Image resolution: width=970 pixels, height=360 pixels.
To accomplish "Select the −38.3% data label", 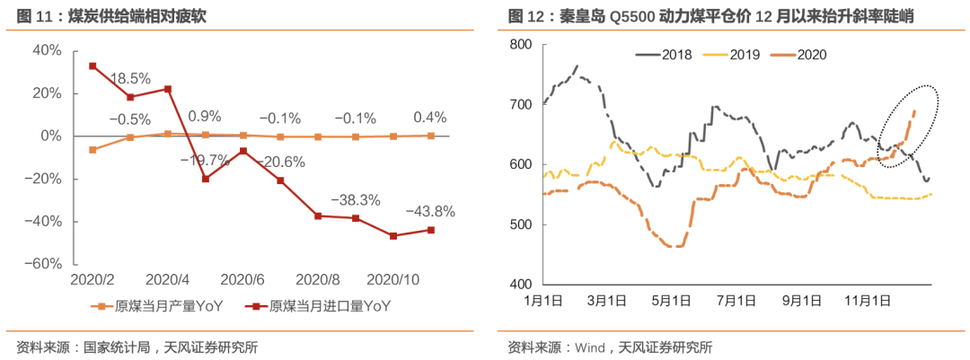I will pyautogui.click(x=356, y=199).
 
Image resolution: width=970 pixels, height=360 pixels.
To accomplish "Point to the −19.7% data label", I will pyautogui.click(x=205, y=160).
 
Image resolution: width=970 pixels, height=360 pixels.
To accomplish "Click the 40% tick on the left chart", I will pyautogui.click(x=47, y=50).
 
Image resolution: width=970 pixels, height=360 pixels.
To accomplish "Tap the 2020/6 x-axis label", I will pyautogui.click(x=241, y=281).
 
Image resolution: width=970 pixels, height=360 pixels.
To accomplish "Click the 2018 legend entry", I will pyautogui.click(x=675, y=54).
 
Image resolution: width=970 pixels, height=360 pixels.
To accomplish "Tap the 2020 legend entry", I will pyautogui.click(x=810, y=54).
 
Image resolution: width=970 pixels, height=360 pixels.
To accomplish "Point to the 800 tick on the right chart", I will pyautogui.click(x=518, y=44).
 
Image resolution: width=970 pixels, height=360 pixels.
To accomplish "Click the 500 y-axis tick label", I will pyautogui.click(x=518, y=224).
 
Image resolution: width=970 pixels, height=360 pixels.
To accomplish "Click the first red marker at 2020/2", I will pyautogui.click(x=93, y=66).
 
